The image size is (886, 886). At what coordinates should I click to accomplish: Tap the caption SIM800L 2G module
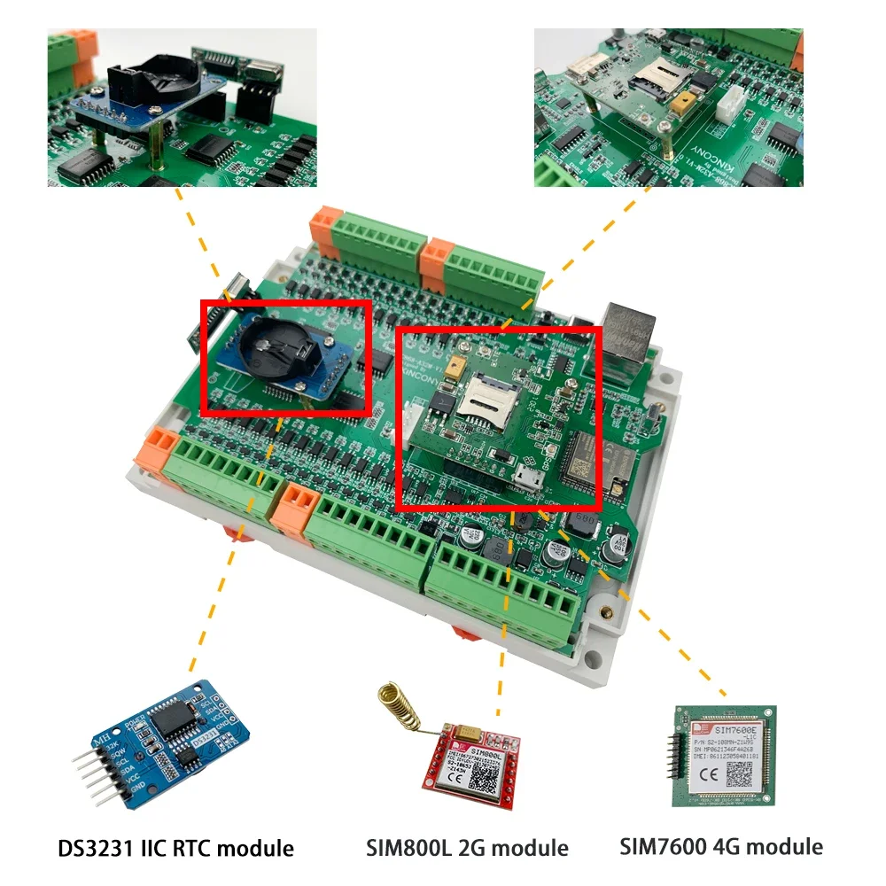(x=467, y=848)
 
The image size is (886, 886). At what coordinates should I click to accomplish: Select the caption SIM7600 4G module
(x=721, y=846)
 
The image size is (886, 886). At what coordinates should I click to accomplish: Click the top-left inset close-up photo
(x=182, y=107)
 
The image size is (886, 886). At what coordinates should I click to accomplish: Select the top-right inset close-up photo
(x=668, y=107)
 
